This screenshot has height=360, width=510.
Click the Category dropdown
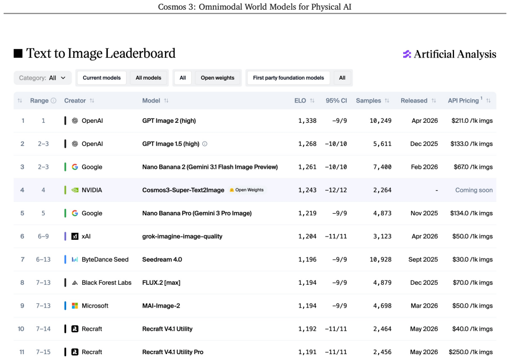coord(42,78)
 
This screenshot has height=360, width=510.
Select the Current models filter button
coord(101,78)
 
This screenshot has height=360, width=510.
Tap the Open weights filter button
coord(217,78)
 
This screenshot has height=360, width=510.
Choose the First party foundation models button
coord(288,78)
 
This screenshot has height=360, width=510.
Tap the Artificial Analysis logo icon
coord(407,54)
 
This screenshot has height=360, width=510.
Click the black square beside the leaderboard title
coord(18,53)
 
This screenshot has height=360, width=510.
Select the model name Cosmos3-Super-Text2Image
coord(183,190)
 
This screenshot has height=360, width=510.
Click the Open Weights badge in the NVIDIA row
coord(247,190)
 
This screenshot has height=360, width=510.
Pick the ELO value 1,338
coord(308,121)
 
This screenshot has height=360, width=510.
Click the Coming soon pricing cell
coord(474,190)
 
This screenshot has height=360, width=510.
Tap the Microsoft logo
coord(75,306)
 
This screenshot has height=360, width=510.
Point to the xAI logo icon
coord(75,237)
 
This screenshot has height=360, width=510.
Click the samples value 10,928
coord(381,260)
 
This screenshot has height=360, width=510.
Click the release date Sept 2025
coord(423,260)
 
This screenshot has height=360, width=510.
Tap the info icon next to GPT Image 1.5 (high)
coord(205,144)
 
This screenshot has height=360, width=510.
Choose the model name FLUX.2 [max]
coord(161,283)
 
